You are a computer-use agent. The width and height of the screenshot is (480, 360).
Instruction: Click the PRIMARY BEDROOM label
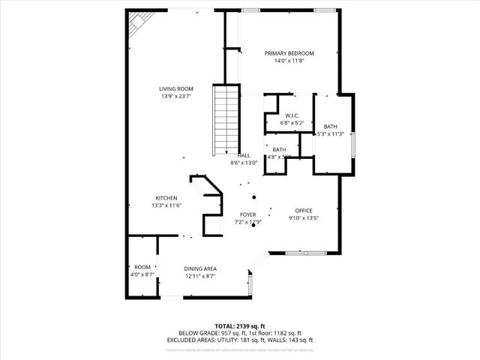tap(289, 53)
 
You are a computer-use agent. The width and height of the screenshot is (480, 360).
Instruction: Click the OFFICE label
tap(303, 211)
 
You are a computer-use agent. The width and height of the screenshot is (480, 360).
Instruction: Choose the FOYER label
tap(248, 214)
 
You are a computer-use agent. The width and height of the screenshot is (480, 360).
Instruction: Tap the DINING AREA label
tap(200, 268)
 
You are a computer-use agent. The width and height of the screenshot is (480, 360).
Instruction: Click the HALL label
tap(244, 154)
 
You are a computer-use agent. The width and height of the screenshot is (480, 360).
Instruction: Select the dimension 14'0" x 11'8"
tap(289, 61)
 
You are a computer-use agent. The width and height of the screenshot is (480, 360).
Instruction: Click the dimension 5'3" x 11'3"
tap(330, 134)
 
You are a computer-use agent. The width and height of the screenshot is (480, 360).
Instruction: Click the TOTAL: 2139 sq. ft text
tap(239, 326)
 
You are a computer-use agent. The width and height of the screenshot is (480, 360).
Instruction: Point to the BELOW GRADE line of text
tap(239, 334)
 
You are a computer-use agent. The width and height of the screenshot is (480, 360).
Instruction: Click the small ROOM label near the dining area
tap(142, 268)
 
